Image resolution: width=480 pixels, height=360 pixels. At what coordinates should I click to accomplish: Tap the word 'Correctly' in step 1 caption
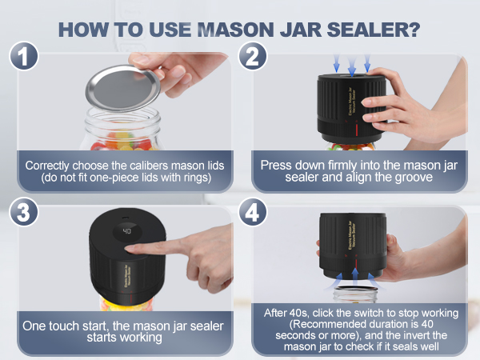click(x=50, y=165)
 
